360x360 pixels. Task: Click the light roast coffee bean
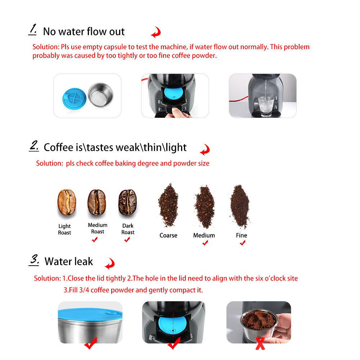tap(67, 202)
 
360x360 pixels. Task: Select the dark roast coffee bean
tap(127, 202)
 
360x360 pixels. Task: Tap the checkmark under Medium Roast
tap(95, 240)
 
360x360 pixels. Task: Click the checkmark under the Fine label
tap(243, 243)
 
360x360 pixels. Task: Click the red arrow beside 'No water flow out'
tap(156, 32)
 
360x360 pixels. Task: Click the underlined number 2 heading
tap(33, 146)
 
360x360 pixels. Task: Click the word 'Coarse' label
tap(168, 235)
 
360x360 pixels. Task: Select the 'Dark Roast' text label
tap(128, 229)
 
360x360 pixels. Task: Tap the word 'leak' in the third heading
tap(83, 262)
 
